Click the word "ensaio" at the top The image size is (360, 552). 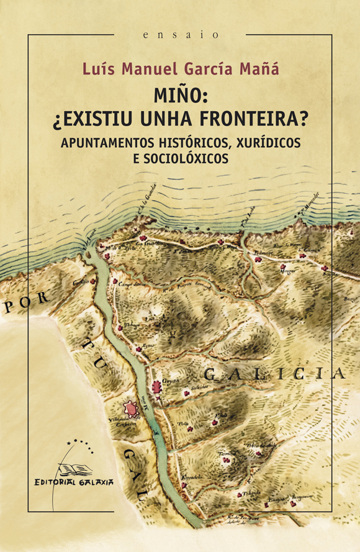(180, 35)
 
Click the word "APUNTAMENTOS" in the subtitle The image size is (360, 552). (106, 141)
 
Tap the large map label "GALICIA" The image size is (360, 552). (274, 374)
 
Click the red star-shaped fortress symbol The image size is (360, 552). (130, 410)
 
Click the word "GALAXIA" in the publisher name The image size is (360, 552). (94, 481)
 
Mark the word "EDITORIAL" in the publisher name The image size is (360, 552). (55, 481)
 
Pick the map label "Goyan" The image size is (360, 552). (171, 381)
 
